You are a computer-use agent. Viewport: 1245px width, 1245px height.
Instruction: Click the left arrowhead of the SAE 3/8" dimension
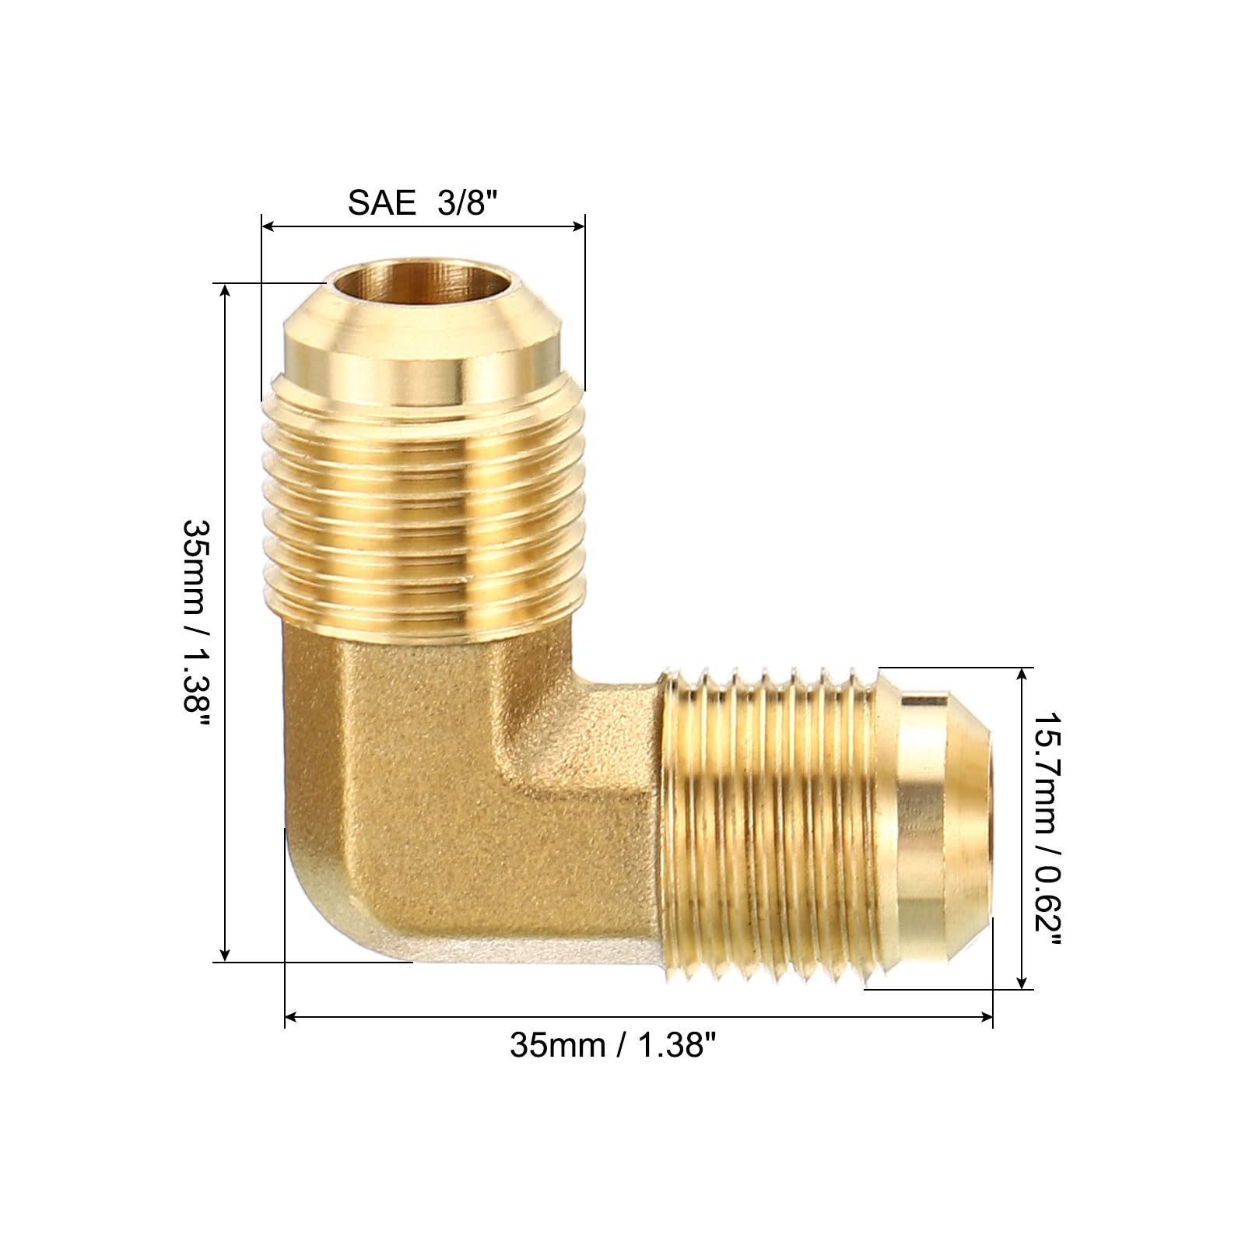point(268,226)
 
